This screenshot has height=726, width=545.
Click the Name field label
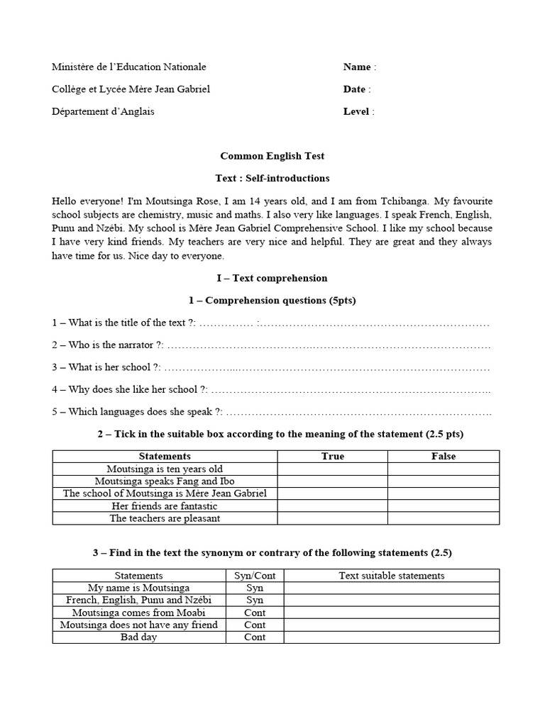pyautogui.click(x=357, y=67)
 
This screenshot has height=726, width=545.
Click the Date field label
pyautogui.click(x=354, y=89)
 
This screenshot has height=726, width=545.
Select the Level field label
pyautogui.click(x=356, y=111)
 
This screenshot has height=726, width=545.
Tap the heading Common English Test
pyautogui.click(x=272, y=156)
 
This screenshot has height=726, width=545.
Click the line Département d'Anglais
pyautogui.click(x=103, y=111)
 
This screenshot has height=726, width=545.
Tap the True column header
pyautogui.click(x=332, y=457)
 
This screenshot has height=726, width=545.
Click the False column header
pyautogui.click(x=444, y=457)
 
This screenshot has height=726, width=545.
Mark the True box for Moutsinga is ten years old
pyautogui.click(x=332, y=469)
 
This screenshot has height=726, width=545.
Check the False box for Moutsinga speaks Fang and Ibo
pyautogui.click(x=444, y=481)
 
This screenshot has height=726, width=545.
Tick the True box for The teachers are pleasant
pyautogui.click(x=332, y=518)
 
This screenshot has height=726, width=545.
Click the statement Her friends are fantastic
pyautogui.click(x=165, y=506)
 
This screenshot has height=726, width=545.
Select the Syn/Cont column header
pyautogui.click(x=255, y=576)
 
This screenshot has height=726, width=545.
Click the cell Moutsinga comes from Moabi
pyautogui.click(x=139, y=613)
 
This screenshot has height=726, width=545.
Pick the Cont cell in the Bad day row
pyautogui.click(x=255, y=637)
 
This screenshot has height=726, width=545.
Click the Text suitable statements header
pyautogui.click(x=392, y=576)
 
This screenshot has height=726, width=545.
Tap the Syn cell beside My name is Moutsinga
pyautogui.click(x=255, y=588)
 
